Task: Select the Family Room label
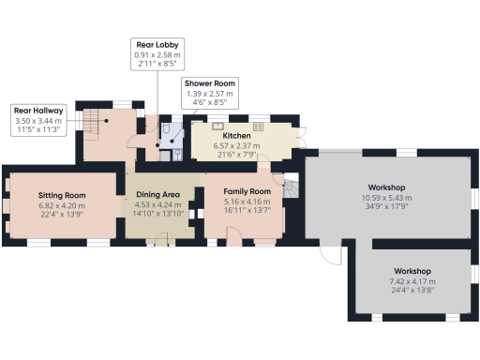coord(247,191)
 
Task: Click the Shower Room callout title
coord(210,83)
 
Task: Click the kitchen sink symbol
coord(217,125)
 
